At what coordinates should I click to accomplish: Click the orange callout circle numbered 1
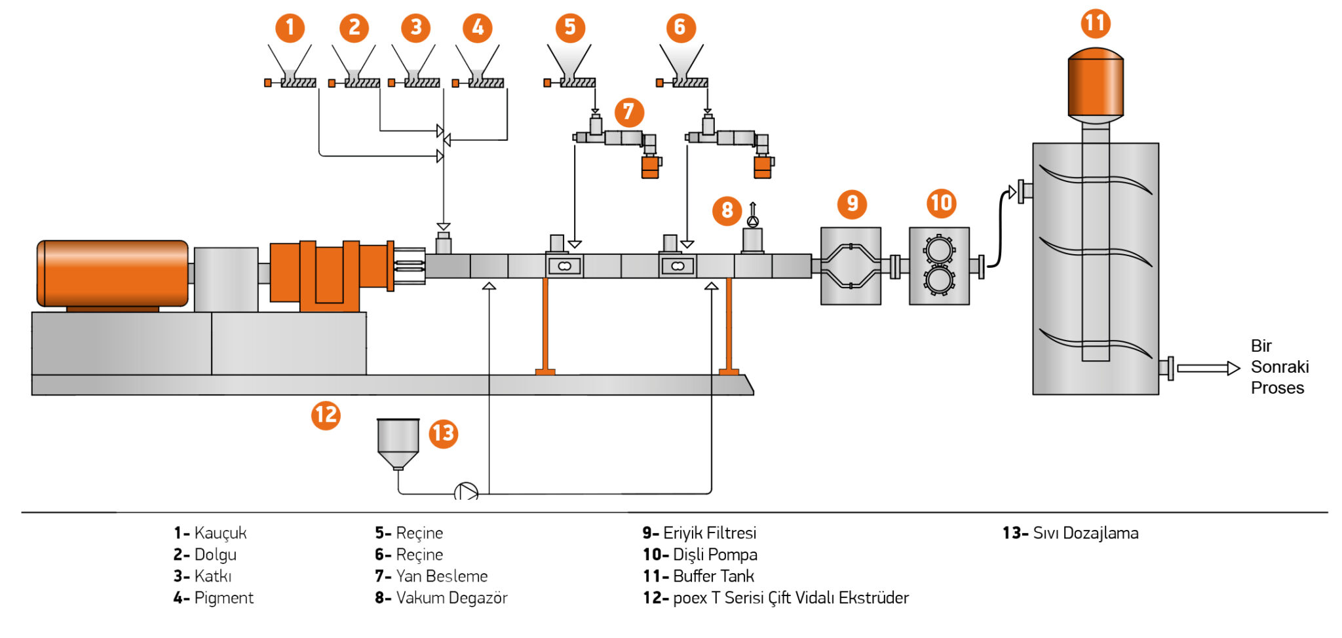[290, 28]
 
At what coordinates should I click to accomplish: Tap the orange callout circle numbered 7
[629, 112]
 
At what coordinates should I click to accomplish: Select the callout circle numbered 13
[444, 434]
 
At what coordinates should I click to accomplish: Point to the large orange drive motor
[112, 274]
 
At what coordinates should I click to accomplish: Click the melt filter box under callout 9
[851, 266]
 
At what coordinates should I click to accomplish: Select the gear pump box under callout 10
[939, 266]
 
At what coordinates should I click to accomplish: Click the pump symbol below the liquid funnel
[466, 492]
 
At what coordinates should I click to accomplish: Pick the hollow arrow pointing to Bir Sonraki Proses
[1208, 368]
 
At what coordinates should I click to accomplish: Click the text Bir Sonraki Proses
[1279, 367]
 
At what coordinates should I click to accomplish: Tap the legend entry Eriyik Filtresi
[699, 533]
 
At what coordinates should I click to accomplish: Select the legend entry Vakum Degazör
[442, 598]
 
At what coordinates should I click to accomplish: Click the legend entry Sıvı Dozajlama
[1071, 533]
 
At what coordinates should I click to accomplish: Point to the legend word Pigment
[223, 598]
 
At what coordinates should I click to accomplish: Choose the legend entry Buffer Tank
[699, 576]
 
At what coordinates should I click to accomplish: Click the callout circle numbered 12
[326, 415]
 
